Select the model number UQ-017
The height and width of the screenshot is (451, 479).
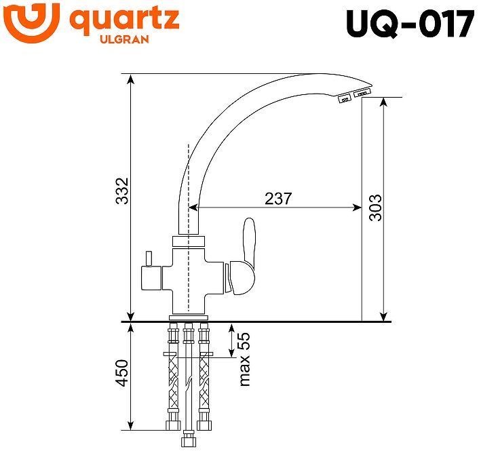pyautogui.click(x=409, y=25)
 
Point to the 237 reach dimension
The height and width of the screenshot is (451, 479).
pyautogui.click(x=278, y=199)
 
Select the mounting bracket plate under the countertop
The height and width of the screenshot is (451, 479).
pyautogui.click(x=188, y=355)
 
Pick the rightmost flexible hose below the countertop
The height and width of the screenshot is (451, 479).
pyautogui.click(x=203, y=380)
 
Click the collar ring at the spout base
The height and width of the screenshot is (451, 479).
pyautogui.click(x=188, y=241)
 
